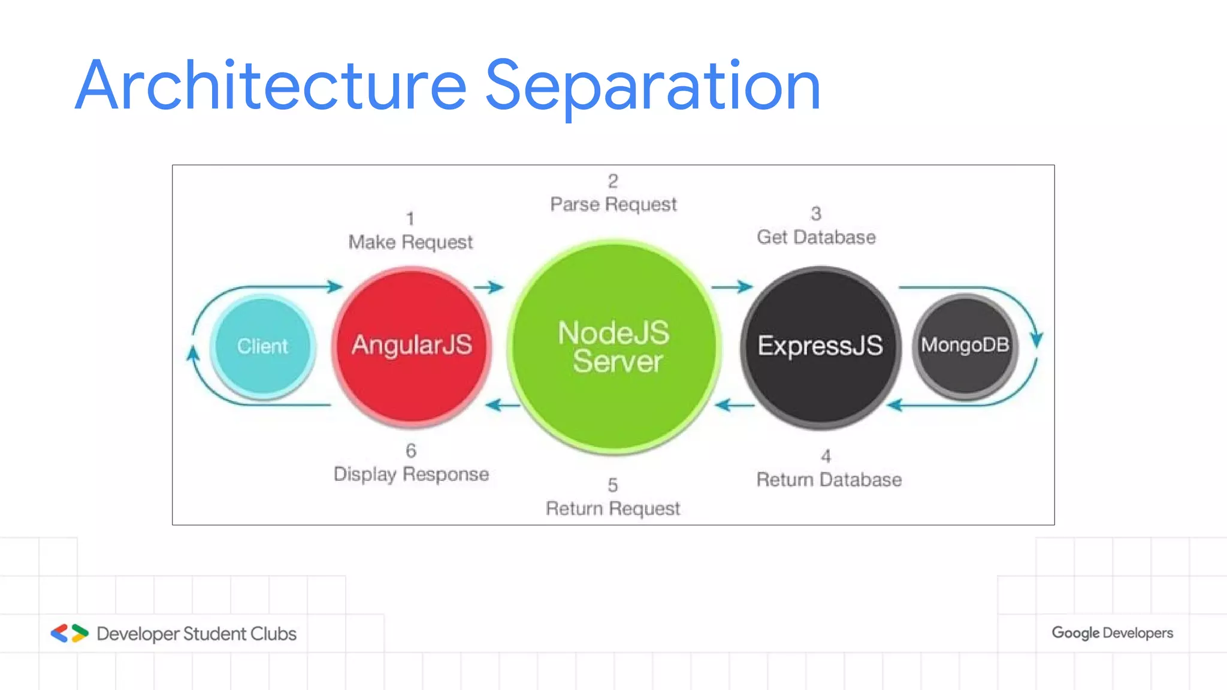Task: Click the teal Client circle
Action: [262, 347]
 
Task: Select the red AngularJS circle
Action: [412, 347]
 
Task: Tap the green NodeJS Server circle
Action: [613, 347]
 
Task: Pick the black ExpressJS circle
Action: [820, 347]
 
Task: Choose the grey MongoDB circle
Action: [965, 346]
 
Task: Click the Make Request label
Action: [410, 242]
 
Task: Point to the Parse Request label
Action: [613, 204]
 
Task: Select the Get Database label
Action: [816, 237]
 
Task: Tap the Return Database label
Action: [829, 480]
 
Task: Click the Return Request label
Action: [613, 509]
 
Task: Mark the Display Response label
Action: [411, 474]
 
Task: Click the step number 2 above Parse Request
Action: [613, 180]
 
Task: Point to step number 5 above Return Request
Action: [612, 485]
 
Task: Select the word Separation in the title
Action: [652, 86]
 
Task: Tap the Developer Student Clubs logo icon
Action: [69, 633]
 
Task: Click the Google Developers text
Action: [1112, 633]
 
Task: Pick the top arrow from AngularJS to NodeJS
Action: [489, 287]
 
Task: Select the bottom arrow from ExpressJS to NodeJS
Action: [735, 405]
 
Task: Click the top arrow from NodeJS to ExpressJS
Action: [732, 287]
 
